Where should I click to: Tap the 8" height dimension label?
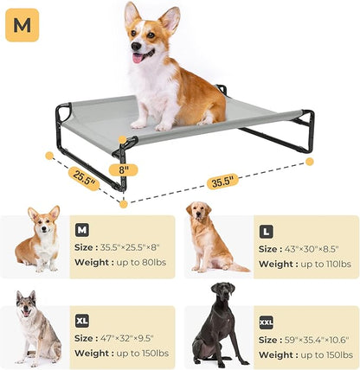click(124, 169)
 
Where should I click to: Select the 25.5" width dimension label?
click(84, 178)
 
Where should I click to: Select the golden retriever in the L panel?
click(208, 237)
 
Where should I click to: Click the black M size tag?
click(82, 230)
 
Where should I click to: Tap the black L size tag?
click(267, 232)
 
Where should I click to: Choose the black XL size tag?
click(83, 320)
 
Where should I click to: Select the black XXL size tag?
click(267, 322)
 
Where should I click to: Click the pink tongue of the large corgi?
click(137, 57)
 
